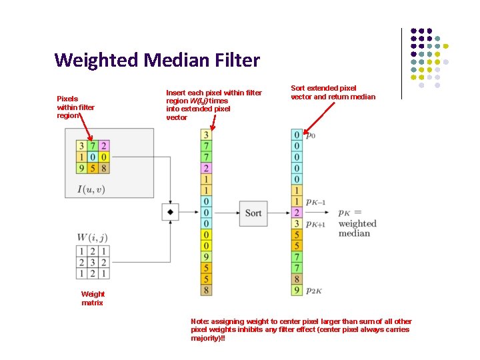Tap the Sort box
point(253,213)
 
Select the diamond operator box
point(171,212)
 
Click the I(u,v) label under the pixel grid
point(91,189)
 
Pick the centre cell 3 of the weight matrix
point(92,262)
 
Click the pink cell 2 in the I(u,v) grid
point(103,145)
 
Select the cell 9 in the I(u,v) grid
point(81,167)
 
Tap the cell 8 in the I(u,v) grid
point(103,167)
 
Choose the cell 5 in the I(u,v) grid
point(92,167)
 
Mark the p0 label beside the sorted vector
point(311,136)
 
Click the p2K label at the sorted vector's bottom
point(315,291)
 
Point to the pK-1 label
point(315,202)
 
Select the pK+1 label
point(315,225)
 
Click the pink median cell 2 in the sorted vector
point(297,213)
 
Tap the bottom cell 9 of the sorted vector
point(297,290)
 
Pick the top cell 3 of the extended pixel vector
point(206,135)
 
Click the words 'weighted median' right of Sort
point(357,228)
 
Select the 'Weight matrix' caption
point(93,298)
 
